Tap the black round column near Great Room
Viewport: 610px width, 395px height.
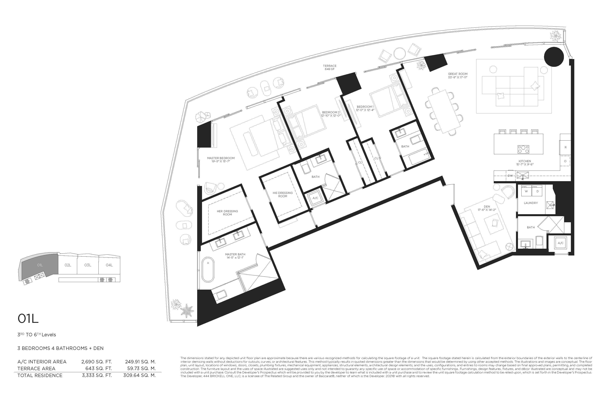pos(554,57)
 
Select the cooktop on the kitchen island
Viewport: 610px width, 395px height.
pos(523,149)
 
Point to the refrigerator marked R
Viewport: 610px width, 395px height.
pos(565,147)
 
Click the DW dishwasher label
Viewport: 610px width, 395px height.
pos(510,176)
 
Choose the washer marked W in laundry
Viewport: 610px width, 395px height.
pos(526,191)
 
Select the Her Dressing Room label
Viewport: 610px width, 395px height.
pos(227,213)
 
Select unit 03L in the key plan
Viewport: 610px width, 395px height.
pos(88,265)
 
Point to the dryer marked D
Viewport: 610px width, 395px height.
pos(538,191)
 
